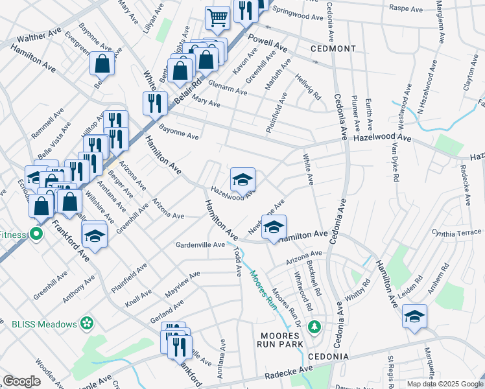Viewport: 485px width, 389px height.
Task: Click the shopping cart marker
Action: [217, 18]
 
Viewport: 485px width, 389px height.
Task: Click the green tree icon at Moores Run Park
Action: [314, 326]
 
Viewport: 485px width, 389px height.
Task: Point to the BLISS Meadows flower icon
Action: [88, 323]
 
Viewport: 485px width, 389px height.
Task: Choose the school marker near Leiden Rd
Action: [414, 316]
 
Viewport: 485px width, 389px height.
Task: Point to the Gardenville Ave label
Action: [200, 245]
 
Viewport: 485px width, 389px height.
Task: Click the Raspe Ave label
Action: [406, 8]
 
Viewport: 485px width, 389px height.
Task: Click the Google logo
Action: [21, 381]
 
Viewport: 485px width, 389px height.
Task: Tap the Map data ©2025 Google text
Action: [445, 384]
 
